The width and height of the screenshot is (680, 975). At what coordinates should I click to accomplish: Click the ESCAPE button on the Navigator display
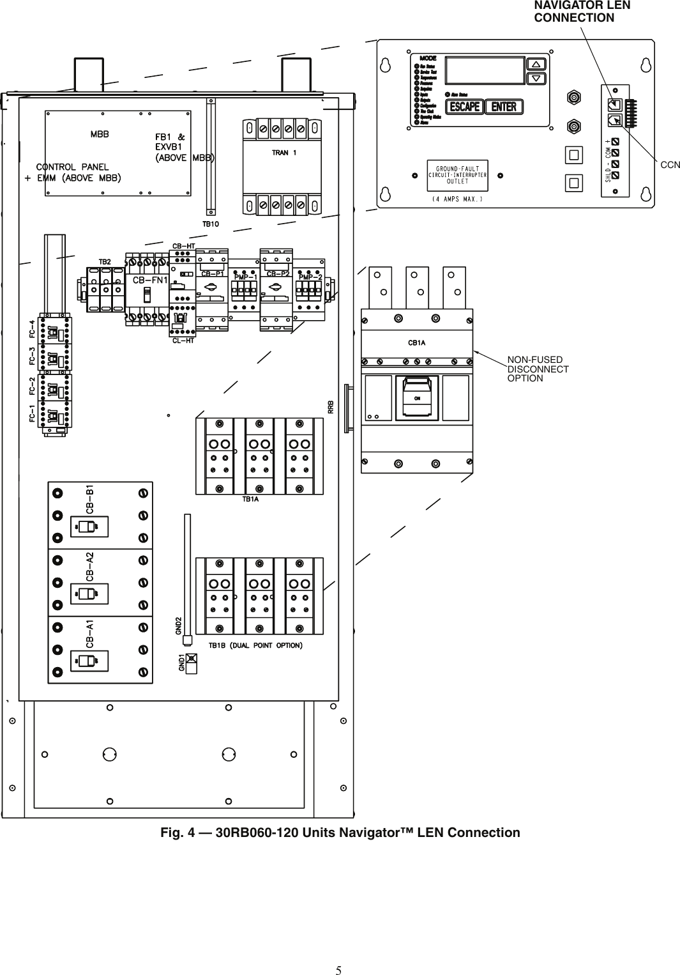464,107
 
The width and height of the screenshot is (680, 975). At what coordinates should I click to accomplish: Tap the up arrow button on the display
537,64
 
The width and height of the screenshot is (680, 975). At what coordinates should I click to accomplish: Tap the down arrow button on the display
537,79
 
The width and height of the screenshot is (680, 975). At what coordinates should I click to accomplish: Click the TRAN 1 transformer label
284,153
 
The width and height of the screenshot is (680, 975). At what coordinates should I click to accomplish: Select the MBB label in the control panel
99,135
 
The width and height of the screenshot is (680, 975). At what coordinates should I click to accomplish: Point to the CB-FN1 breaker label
150,280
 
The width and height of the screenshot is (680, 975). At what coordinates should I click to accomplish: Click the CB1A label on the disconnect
416,343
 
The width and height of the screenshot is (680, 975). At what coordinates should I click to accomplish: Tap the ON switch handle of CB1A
417,396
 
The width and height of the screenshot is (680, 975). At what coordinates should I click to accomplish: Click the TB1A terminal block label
250,500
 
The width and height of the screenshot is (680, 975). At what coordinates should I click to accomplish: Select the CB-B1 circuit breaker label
90,498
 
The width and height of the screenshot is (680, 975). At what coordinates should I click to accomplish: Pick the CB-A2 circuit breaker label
90,565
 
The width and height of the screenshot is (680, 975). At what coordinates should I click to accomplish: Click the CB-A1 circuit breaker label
90,634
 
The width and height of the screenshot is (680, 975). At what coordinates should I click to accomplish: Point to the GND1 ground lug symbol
190,659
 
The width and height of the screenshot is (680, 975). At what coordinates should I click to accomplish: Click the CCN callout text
670,165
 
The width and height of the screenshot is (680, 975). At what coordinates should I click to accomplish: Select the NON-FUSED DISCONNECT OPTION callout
538,369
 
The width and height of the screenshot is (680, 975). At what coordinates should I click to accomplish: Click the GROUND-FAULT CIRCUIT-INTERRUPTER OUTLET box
457,175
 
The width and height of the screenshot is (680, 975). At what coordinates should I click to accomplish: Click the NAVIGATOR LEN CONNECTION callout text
582,12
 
